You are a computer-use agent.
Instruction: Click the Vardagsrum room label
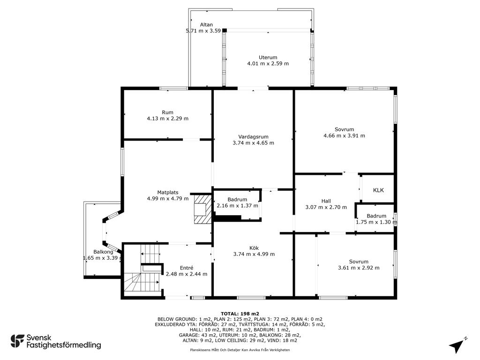(x=253, y=137)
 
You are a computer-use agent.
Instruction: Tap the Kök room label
(x=254, y=248)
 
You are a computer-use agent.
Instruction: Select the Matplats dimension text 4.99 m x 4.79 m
(x=168, y=198)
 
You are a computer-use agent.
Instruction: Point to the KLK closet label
(x=378, y=190)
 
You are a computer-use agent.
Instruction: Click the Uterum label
(x=268, y=57)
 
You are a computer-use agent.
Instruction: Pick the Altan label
(x=206, y=24)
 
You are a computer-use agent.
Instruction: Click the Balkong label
(x=103, y=252)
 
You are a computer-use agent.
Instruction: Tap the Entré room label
(x=187, y=268)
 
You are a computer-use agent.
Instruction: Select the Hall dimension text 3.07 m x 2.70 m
(x=326, y=207)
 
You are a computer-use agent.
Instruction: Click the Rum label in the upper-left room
(x=167, y=112)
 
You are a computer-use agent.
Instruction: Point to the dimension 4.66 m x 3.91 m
(x=344, y=135)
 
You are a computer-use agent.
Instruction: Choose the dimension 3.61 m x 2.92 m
(x=359, y=268)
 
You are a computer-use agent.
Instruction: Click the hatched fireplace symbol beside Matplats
(x=202, y=209)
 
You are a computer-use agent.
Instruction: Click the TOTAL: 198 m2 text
(x=240, y=314)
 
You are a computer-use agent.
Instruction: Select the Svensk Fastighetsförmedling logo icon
(x=17, y=341)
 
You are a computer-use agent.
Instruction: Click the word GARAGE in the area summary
(x=188, y=335)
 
